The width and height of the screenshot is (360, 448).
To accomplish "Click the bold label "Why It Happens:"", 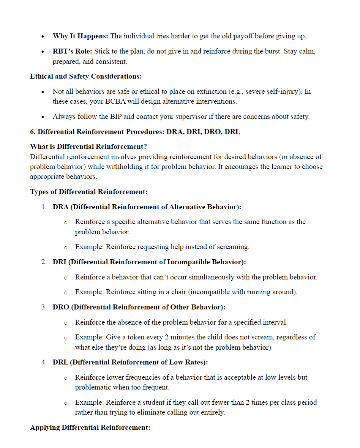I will tap(81, 36).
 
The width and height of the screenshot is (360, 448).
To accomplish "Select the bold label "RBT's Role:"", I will tap(73, 51).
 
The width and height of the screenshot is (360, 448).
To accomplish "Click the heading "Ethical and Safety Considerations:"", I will tap(86, 76).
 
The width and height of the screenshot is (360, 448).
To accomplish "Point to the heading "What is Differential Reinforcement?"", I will tap(88, 147).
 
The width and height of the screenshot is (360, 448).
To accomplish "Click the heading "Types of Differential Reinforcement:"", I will tap(89, 192).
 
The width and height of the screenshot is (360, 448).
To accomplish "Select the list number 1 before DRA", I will tap(44, 207).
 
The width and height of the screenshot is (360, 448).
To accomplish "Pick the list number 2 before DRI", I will tap(44, 262).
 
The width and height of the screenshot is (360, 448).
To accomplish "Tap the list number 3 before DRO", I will tap(44, 307).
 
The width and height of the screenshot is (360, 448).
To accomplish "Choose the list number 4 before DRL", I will tap(44, 363).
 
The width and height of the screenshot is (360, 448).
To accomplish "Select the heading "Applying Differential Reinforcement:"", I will tap(90, 428).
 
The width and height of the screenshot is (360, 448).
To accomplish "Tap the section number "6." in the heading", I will tap(33, 132).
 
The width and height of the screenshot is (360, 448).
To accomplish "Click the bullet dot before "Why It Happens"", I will tap(44, 37).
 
